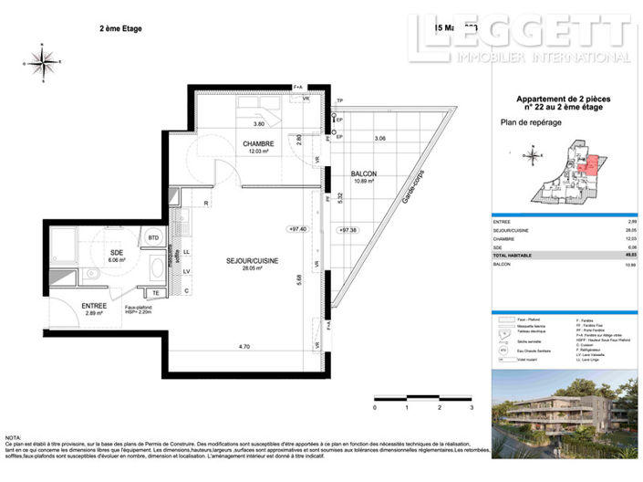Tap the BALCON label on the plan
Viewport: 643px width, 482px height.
click(x=364, y=173)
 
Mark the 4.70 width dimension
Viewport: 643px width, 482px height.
click(x=244, y=347)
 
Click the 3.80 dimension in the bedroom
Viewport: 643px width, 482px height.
click(x=258, y=123)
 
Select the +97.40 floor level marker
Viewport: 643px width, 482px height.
click(x=298, y=229)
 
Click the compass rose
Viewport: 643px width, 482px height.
click(x=42, y=62)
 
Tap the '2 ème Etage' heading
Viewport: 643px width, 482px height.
click(x=120, y=28)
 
